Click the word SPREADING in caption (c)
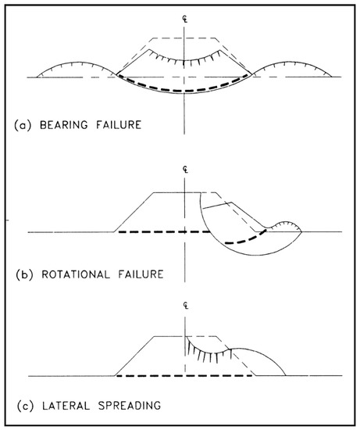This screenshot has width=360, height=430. [118, 405]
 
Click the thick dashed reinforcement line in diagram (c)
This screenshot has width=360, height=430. [184, 376]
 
